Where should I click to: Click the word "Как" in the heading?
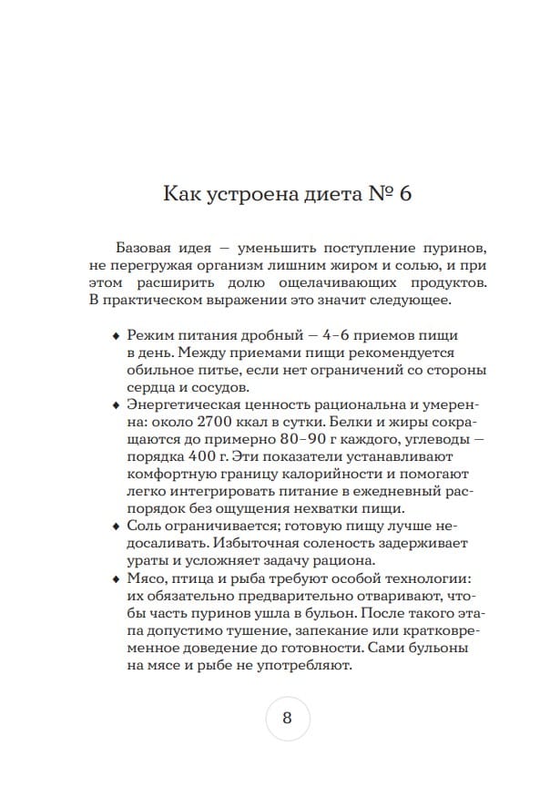click(x=181, y=194)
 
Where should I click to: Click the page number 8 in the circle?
click(x=287, y=716)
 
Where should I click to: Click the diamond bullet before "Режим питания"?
click(x=115, y=336)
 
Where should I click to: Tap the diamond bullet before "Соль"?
click(x=115, y=526)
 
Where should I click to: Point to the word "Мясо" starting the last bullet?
click(x=147, y=578)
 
